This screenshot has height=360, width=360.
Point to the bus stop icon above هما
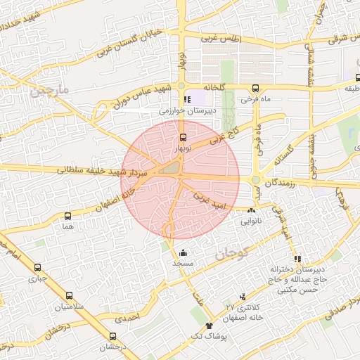[68, 217]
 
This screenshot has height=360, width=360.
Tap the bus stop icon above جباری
[37, 267]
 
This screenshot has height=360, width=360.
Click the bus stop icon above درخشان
[113, 337]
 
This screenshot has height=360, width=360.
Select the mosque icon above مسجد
[184, 252]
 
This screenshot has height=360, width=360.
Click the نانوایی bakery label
[255, 221]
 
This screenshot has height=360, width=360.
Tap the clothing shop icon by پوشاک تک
[209, 326]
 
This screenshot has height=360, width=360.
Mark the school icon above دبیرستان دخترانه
[297, 259]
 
